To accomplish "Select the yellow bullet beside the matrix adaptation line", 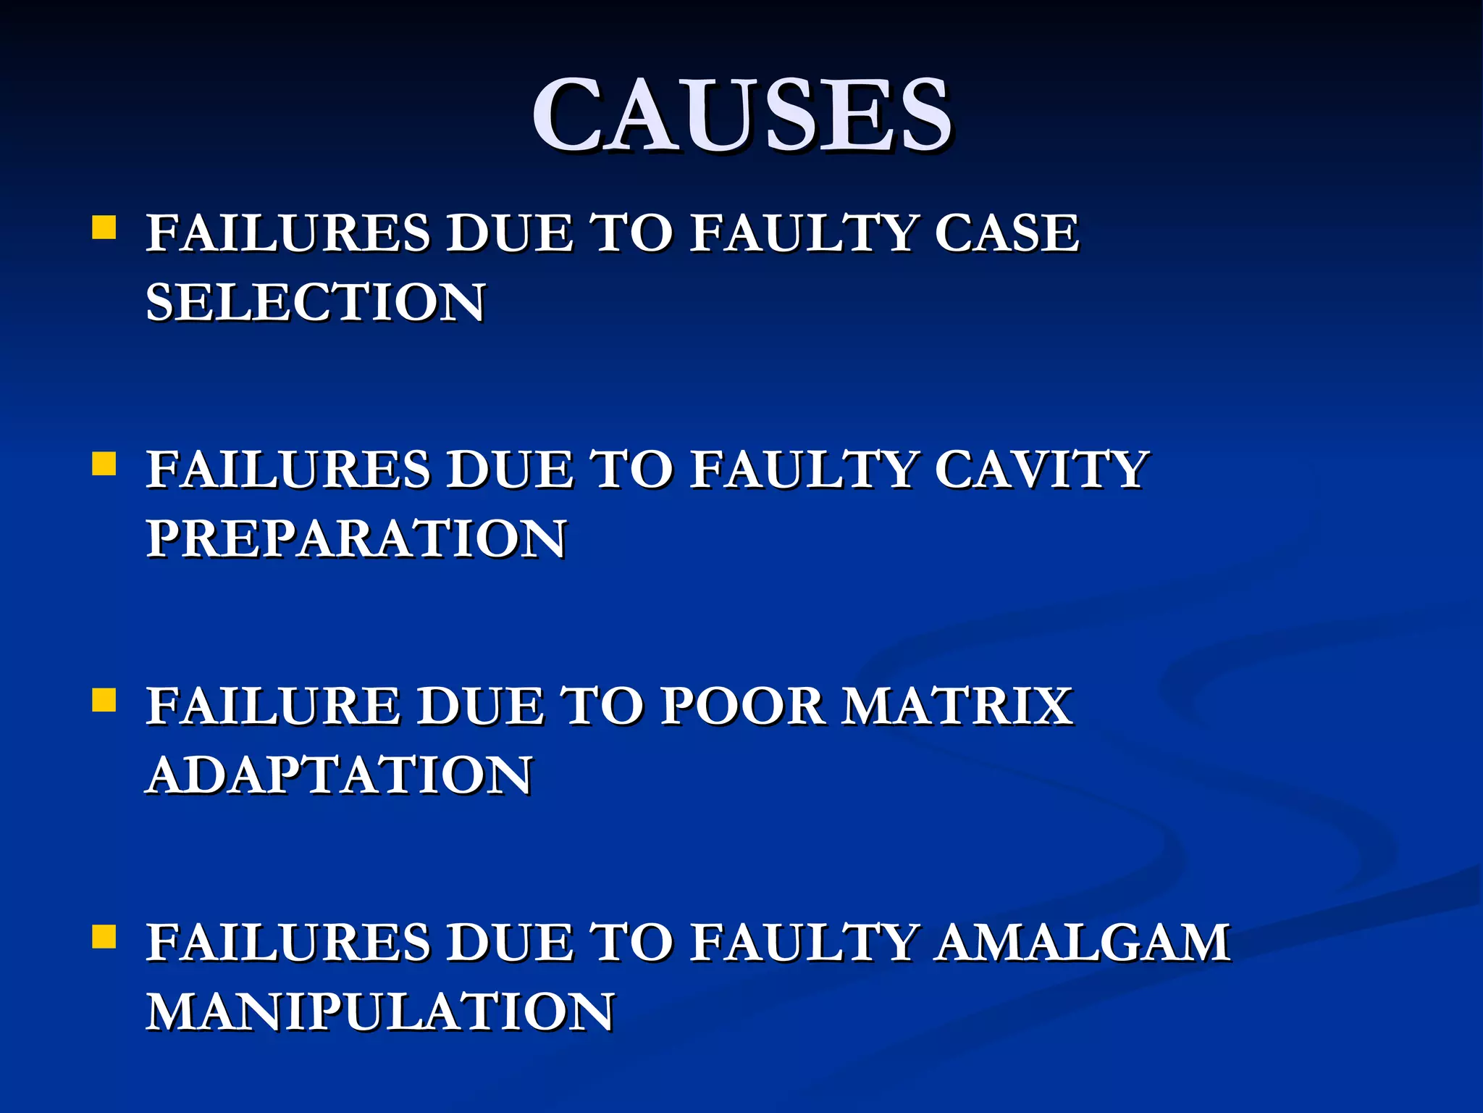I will coord(104,700).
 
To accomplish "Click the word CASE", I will coord(1007,233).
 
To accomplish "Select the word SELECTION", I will coord(316,302).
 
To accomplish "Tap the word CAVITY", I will coord(1041,470).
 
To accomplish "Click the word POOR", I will coord(742,706).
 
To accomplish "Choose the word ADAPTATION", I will coord(340,775).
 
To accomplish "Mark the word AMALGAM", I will coord(1083,942).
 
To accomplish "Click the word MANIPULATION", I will coord(381,1012).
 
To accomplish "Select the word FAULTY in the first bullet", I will coord(803,233).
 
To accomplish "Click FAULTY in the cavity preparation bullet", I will coord(803,470).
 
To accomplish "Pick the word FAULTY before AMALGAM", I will coord(803,942).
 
